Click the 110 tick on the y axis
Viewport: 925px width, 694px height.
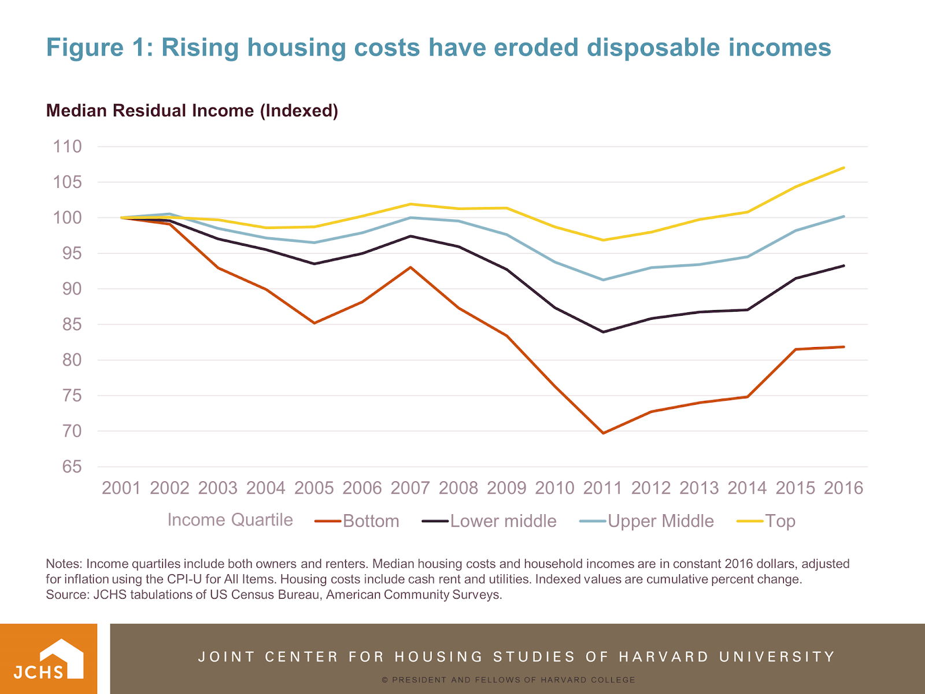[x=68, y=146]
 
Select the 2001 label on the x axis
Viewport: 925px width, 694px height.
[x=121, y=488]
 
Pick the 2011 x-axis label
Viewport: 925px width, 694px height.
[x=602, y=488]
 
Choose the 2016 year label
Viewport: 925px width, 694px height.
[x=843, y=488]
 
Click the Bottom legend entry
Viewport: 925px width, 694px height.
[x=371, y=521]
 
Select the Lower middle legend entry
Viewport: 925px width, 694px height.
[x=503, y=521]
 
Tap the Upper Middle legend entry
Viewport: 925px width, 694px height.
[x=660, y=521]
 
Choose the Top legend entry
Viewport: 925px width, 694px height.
[x=780, y=521]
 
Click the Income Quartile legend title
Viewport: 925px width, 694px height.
[x=230, y=520]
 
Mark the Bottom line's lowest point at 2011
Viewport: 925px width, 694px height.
[x=603, y=433]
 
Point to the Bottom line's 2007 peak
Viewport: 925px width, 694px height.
[x=410, y=267]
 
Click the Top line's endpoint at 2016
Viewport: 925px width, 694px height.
[x=844, y=168]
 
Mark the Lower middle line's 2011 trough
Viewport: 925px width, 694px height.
[x=603, y=332]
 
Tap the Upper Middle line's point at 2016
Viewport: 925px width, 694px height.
[x=844, y=216]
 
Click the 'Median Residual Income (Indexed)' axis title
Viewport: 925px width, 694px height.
[x=192, y=110]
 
